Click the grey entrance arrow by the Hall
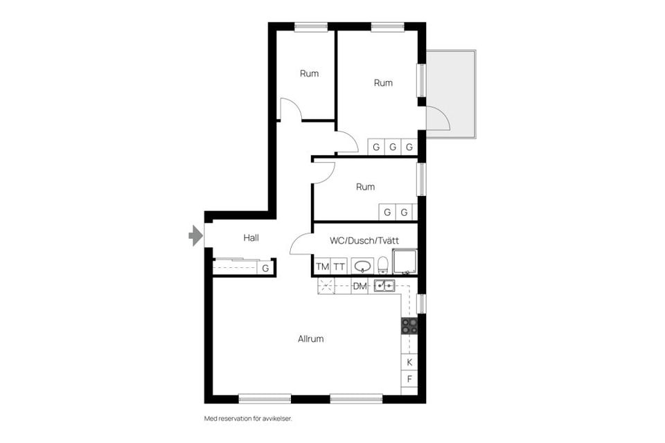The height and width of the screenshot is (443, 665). [196, 237]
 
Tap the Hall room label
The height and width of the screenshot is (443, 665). [251, 238]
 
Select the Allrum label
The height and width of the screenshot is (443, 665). [311, 339]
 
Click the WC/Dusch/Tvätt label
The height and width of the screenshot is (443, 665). [364, 241]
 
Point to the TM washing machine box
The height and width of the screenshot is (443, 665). [322, 266]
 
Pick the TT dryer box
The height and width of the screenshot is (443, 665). [339, 266]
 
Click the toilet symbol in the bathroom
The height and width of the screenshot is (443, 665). [382, 265]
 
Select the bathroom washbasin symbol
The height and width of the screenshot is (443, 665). [362, 266]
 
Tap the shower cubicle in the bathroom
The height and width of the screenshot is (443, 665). [405, 262]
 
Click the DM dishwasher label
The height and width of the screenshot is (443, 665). [360, 286]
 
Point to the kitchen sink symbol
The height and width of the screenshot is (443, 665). [384, 285]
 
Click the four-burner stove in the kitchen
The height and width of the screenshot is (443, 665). [409, 326]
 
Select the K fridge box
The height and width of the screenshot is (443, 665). [409, 362]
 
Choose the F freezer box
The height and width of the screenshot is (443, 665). [409, 379]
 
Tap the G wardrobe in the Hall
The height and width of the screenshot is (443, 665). [265, 268]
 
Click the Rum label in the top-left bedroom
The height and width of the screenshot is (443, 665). [310, 73]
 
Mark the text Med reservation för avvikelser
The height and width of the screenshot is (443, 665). [243, 419]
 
